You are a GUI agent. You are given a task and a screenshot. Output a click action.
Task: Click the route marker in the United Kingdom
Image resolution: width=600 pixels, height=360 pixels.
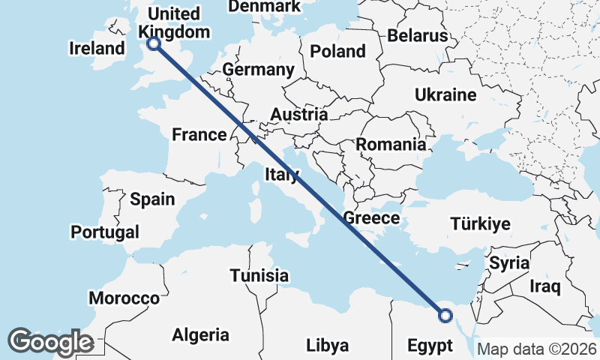(154, 43)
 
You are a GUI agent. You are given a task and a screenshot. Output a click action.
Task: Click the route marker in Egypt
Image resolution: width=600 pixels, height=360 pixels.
(445, 316)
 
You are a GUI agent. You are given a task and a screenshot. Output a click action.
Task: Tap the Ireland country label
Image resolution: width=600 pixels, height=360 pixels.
(96, 49)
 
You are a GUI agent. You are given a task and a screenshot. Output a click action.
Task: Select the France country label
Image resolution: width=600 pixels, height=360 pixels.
(199, 135)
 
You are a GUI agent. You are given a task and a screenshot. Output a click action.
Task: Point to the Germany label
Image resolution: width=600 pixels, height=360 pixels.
(258, 70)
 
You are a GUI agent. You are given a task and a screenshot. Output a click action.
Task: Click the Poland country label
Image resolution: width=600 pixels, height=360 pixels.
(337, 52)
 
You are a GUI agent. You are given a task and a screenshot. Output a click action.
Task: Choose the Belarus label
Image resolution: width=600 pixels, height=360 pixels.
(418, 35)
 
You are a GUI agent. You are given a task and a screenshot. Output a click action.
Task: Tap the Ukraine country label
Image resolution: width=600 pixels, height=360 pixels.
(446, 95)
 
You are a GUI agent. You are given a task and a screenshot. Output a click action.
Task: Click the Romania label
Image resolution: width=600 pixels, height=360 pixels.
(391, 144)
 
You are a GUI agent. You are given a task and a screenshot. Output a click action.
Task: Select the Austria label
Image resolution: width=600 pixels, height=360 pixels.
(298, 115)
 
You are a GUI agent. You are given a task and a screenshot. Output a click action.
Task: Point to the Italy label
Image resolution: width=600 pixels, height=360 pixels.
(282, 175)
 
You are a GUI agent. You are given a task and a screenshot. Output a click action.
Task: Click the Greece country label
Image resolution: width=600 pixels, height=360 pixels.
(370, 218)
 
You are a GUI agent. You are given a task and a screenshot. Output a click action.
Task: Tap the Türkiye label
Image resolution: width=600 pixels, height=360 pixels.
(480, 223)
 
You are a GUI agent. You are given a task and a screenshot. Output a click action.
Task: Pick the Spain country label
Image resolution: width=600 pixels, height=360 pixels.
(152, 199)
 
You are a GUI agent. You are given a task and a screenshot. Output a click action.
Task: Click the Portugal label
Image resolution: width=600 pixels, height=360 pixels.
(105, 232)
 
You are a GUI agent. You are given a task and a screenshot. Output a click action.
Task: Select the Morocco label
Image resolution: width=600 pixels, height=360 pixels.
(124, 298)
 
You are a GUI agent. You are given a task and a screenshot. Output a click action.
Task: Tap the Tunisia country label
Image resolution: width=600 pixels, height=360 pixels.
(259, 275)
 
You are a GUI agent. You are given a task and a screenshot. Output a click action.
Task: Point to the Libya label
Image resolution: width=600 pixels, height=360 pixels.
(328, 346)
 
